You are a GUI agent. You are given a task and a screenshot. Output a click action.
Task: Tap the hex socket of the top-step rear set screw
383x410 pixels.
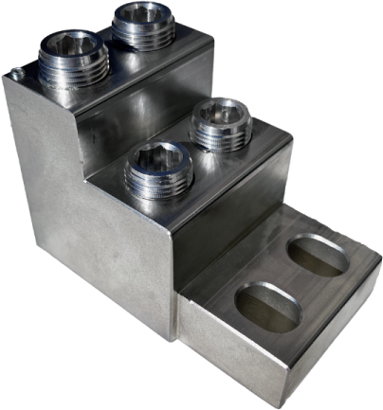coord(142,14)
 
